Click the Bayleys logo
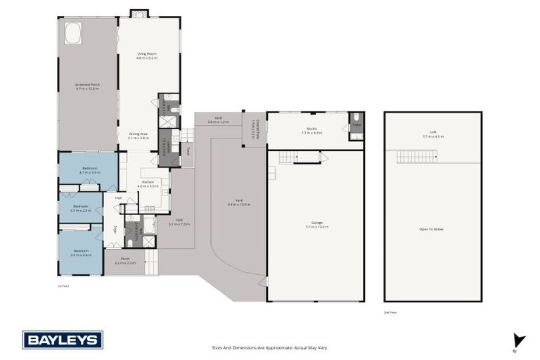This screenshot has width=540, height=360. pos(63,340)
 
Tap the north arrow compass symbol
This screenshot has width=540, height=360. pos(519,340)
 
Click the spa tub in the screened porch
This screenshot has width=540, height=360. pos(72,32)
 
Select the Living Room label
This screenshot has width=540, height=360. pos(147,55)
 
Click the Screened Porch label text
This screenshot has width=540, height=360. pos(88,86)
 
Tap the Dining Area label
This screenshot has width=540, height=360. pos(138,135)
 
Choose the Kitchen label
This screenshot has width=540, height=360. pos(148,184)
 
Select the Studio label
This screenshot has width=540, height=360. pos(311,130)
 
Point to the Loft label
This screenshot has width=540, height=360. pos(432,134)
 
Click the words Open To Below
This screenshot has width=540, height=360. pos(432,229)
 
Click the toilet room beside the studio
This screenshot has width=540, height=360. pos(356,124)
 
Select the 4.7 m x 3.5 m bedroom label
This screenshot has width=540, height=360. pos(89,170)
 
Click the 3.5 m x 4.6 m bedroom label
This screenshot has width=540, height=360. pos(81,252)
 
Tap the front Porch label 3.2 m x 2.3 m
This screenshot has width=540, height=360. pos(124,260)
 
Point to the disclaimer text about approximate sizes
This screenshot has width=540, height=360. pos(270,347)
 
